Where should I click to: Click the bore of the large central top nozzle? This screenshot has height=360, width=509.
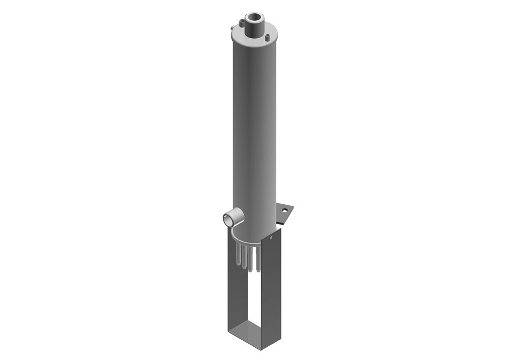254,17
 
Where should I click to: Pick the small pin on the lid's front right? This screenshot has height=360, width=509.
268,37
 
